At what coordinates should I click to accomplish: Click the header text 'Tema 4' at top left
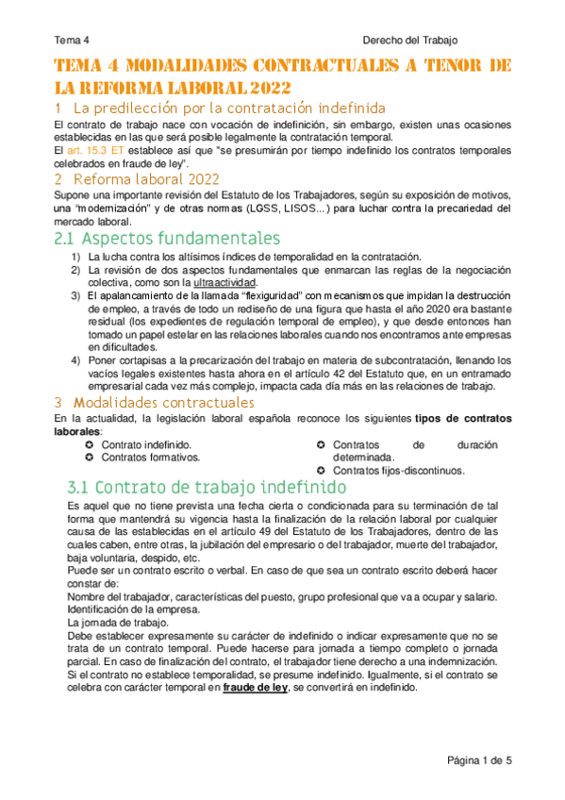click(x=72, y=41)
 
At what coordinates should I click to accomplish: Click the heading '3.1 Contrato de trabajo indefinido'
click(x=208, y=488)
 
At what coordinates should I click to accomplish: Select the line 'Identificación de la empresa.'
click(x=120, y=609)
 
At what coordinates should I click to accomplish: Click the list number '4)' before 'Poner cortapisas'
click(x=75, y=360)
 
